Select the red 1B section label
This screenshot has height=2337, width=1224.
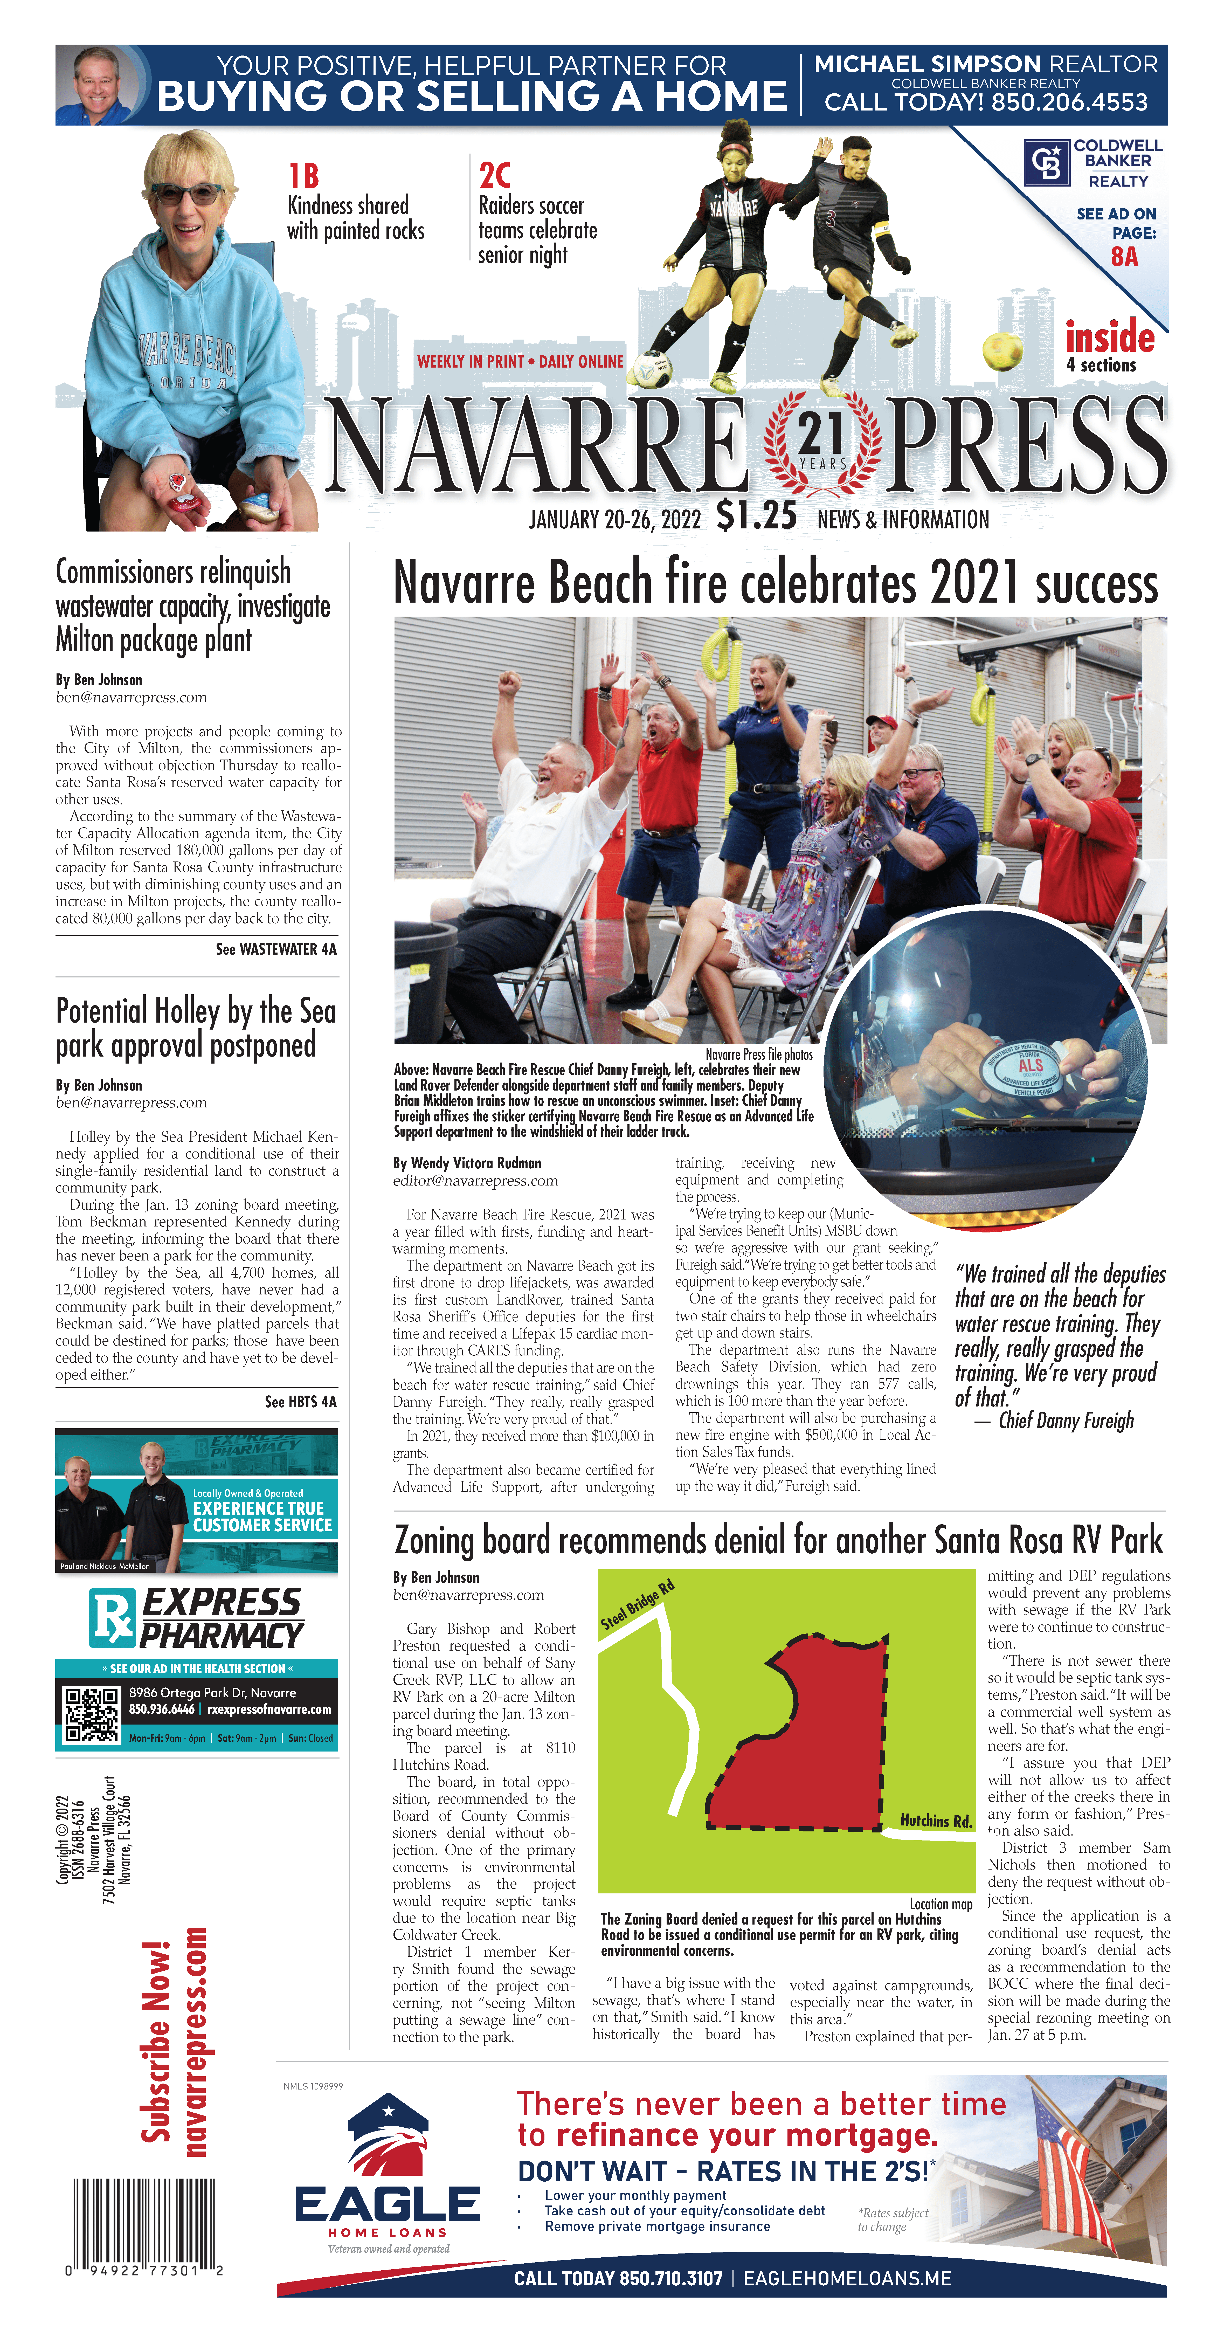click(x=303, y=175)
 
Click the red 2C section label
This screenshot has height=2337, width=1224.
click(x=494, y=175)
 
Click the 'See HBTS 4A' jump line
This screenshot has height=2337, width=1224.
click(x=300, y=1402)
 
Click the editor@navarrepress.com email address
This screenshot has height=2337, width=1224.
click(x=475, y=1180)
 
